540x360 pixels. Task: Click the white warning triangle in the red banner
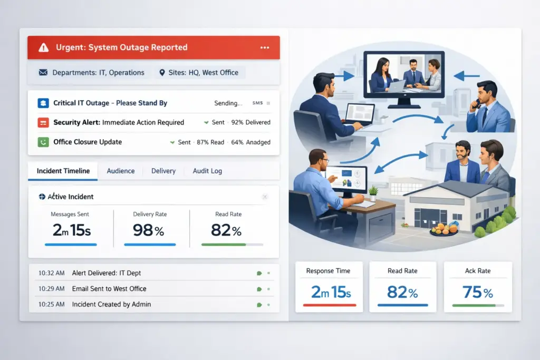point(43,47)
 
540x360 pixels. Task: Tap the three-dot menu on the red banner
point(265,47)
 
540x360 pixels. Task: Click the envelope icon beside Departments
point(43,72)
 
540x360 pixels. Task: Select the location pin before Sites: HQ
point(162,73)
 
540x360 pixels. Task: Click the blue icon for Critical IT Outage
point(43,103)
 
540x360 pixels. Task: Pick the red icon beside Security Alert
point(43,122)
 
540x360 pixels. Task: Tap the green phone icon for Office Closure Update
point(43,142)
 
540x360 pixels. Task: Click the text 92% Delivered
point(250,122)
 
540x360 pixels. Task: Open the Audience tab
point(121,171)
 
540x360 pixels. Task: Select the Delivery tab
point(163,171)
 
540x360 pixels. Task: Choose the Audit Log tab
point(207,171)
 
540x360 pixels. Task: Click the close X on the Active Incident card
point(265,197)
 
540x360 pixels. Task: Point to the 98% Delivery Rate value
point(148,230)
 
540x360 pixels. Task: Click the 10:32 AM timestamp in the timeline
point(51,273)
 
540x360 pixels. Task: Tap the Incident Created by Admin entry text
point(111,304)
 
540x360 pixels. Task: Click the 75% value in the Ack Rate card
point(478,292)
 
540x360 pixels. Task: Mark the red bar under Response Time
point(330,305)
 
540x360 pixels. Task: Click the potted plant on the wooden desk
point(373,193)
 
